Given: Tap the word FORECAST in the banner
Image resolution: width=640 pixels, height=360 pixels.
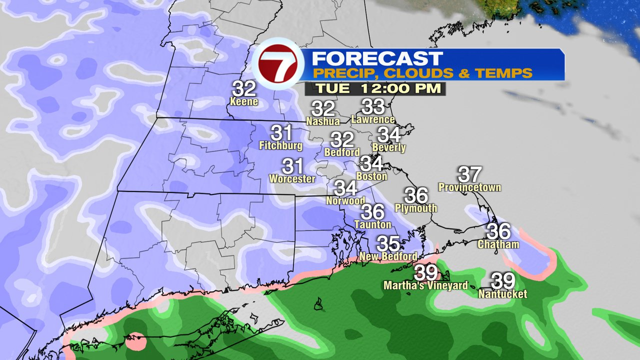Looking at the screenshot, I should pyautogui.click(x=377, y=58).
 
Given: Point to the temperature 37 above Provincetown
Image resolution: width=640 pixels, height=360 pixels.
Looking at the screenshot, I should pyautogui.click(x=469, y=174).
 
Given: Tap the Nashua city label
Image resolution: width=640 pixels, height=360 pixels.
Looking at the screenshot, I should pyautogui.click(x=323, y=121).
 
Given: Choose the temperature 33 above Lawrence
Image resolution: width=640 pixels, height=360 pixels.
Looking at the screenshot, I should pyautogui.click(x=372, y=106).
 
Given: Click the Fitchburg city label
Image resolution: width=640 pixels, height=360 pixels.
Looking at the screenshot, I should pyautogui.click(x=281, y=146).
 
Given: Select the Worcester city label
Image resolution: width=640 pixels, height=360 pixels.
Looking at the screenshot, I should pyautogui.click(x=292, y=178).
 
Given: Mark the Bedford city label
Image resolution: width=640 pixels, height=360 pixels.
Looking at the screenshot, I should pyautogui.click(x=342, y=152).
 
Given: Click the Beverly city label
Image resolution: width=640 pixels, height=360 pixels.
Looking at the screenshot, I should pyautogui.click(x=389, y=148).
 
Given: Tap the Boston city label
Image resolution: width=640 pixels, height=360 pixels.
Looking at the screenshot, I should pyautogui.click(x=371, y=176).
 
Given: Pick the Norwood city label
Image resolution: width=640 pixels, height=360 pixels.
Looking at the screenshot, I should pyautogui.click(x=345, y=201).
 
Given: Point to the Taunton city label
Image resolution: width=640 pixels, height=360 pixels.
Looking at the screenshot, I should pyautogui.click(x=372, y=224).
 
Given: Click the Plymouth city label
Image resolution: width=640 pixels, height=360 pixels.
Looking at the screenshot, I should pyautogui.click(x=416, y=208).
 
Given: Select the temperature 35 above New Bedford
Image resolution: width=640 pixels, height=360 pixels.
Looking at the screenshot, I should pyautogui.click(x=388, y=243).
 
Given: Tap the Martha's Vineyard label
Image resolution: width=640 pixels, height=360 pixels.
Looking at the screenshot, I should pyautogui.click(x=425, y=285).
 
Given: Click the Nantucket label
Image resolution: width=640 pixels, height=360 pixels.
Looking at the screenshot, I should pyautogui.click(x=502, y=294).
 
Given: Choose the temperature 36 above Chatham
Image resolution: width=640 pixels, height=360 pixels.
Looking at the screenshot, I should pyautogui.click(x=498, y=231).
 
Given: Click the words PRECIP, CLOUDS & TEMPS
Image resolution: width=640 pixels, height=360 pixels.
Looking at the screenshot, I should pyautogui.click(x=422, y=73).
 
